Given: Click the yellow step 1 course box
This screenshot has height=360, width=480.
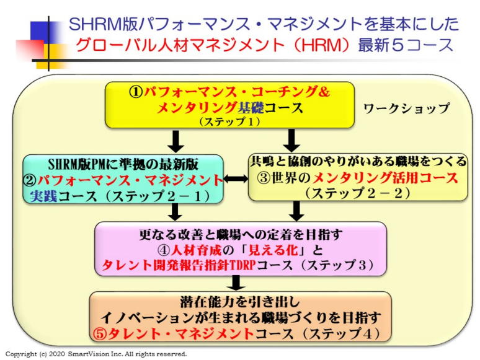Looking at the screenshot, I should [x=229, y=105].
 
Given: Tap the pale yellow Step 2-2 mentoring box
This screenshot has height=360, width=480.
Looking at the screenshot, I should [x=358, y=177].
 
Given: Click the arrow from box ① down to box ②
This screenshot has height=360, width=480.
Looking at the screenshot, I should [x=176, y=141].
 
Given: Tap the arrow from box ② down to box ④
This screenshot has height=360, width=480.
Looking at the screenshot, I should [x=176, y=213].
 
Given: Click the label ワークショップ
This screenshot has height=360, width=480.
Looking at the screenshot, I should [x=406, y=108].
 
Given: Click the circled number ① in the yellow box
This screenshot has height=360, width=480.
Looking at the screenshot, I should [x=136, y=92].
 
